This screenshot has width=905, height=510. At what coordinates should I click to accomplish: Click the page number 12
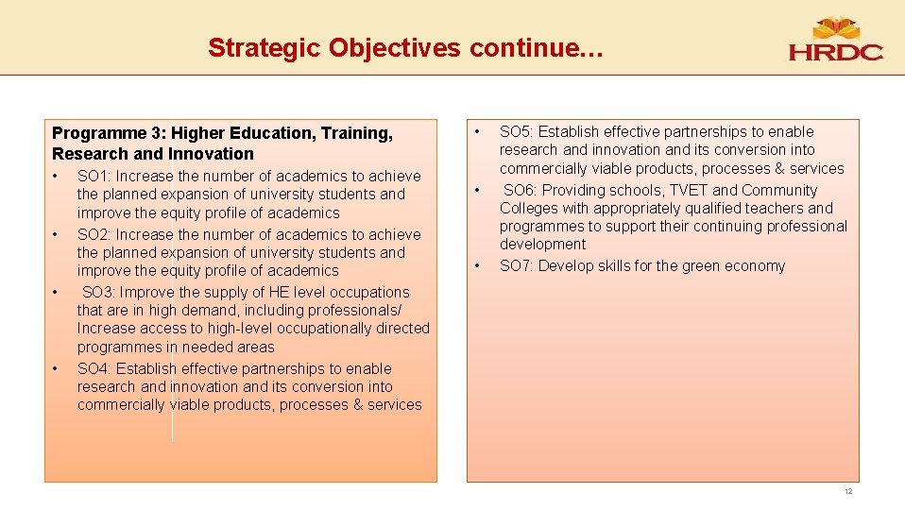(848, 492)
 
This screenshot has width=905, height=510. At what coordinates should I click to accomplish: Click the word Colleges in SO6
(529, 209)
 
